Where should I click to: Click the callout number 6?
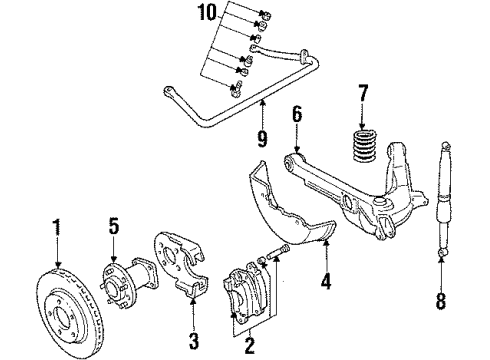click(296, 116)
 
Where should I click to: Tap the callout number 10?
click(206, 13)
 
